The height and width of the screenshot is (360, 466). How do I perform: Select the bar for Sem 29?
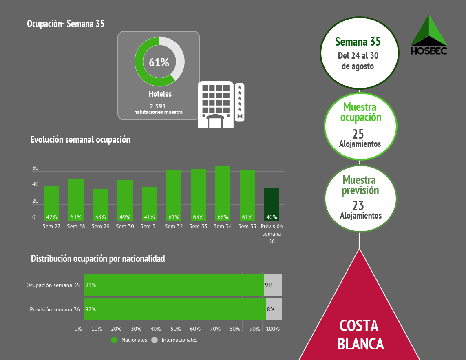[100, 204]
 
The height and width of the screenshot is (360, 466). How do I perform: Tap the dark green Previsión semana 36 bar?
[272, 204]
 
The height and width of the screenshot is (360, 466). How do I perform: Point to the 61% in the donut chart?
[159, 62]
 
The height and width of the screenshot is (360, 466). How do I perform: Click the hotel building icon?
[220, 105]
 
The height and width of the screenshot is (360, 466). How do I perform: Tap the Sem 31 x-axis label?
[149, 227]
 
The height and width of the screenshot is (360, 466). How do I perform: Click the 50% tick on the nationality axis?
[176, 329]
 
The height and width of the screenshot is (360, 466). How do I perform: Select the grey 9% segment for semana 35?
[273, 285]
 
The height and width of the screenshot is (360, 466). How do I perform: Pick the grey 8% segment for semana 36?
[274, 309]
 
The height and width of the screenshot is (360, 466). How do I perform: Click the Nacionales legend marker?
[114, 340]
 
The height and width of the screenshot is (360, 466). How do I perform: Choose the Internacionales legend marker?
[154, 340]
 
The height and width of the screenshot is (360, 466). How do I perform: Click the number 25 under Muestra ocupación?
[358, 134]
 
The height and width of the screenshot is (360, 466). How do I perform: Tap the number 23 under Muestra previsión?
[358, 205]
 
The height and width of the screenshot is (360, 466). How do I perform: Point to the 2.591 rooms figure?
[158, 106]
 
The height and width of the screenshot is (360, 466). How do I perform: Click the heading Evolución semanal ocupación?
[80, 139]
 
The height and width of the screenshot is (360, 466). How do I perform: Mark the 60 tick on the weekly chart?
[35, 168]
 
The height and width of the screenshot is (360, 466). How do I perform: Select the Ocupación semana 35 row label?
[53, 285]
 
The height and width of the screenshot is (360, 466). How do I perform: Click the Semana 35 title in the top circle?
[358, 42]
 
